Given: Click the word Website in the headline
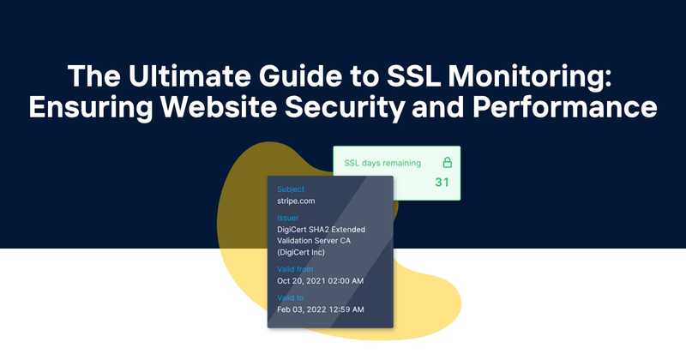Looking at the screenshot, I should pyautogui.click(x=241, y=109).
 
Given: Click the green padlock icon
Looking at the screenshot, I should pyautogui.click(x=447, y=162).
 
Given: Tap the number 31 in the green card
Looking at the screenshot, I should pyautogui.click(x=442, y=182).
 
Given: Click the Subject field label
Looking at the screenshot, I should pyautogui.click(x=291, y=189).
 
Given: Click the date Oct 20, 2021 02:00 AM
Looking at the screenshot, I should pyautogui.click(x=321, y=281).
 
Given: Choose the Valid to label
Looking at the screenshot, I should pyautogui.click(x=292, y=297).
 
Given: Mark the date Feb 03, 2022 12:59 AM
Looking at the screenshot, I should pyautogui.click(x=321, y=309).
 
